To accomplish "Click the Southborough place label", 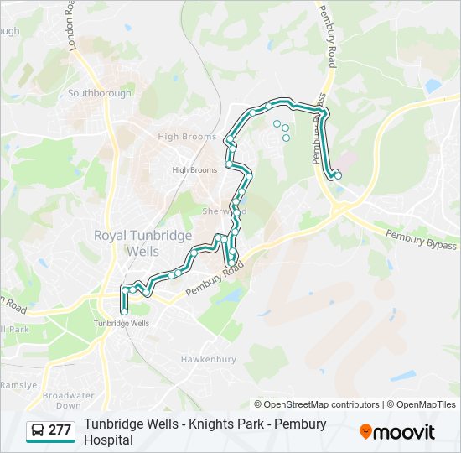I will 100,93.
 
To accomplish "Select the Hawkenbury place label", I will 205,358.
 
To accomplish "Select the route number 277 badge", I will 60,430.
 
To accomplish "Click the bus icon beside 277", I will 39,430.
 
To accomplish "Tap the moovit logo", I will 397,432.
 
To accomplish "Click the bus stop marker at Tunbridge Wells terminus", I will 124,311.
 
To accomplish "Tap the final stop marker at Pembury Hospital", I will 338,174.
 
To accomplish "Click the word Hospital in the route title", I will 108,439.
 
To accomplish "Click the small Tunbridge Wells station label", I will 122,323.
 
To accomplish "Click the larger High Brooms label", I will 181,136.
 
